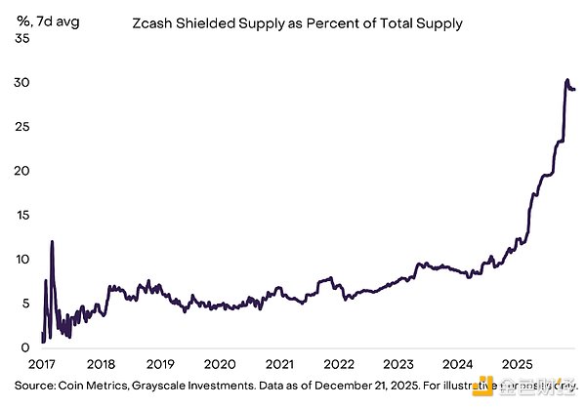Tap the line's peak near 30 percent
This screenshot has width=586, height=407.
(568, 79)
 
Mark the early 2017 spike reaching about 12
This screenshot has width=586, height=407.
(52, 241)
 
